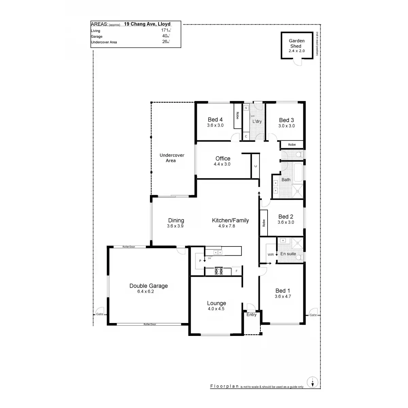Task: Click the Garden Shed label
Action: click(x=296, y=44)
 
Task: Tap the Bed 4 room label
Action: click(x=215, y=120)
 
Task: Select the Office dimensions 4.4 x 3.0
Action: click(x=223, y=164)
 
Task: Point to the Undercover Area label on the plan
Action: click(x=172, y=158)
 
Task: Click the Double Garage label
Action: click(x=149, y=286)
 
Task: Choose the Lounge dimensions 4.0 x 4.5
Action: click(x=216, y=309)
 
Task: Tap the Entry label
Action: click(x=252, y=315)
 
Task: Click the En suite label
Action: click(x=288, y=254)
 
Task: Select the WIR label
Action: click(x=271, y=254)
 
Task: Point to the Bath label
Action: click(x=286, y=180)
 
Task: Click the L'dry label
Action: click(x=257, y=121)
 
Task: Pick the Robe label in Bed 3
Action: click(x=292, y=145)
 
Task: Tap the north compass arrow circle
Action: click(x=312, y=381)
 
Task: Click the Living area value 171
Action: click(x=165, y=31)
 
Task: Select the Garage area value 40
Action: click(x=165, y=36)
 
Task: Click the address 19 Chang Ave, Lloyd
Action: click(x=147, y=24)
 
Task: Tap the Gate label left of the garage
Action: click(x=100, y=314)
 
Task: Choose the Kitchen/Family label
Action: click(x=230, y=220)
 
